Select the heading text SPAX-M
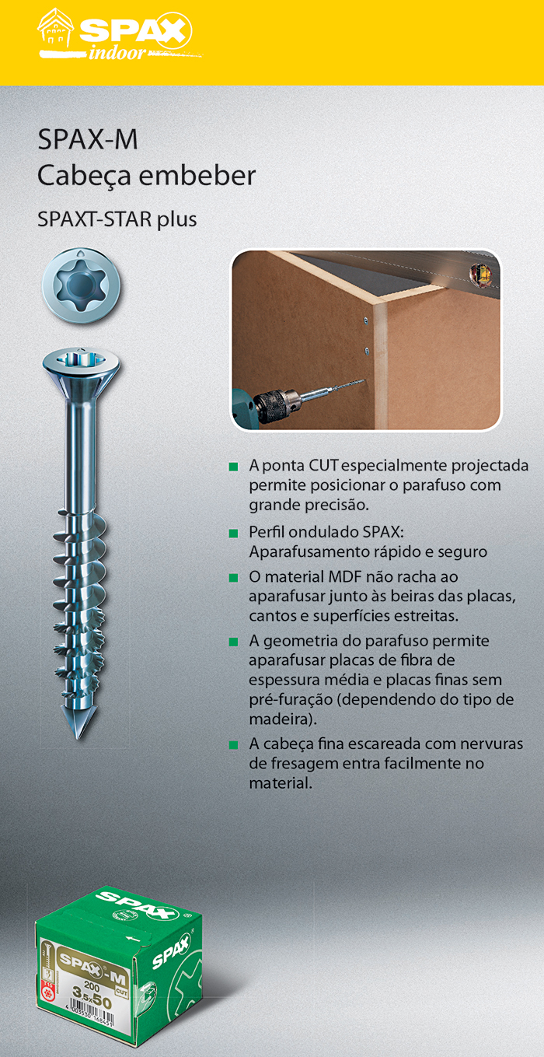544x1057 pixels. [88, 141]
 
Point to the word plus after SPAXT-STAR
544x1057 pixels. [177, 219]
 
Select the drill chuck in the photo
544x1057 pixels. [275, 406]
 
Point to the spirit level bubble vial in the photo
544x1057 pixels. [477, 272]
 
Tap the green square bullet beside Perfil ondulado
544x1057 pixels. [233, 534]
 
